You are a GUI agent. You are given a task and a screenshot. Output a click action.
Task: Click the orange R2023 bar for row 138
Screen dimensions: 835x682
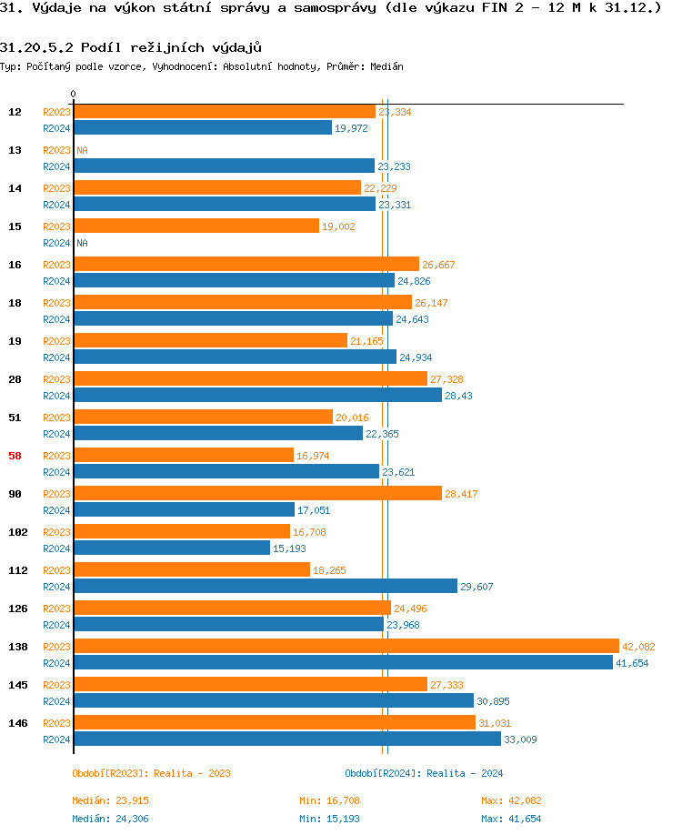click(x=346, y=646)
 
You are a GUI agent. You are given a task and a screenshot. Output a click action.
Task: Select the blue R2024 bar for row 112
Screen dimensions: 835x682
click(x=265, y=586)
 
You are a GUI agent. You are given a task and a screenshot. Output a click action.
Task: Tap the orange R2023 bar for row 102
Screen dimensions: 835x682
click(x=181, y=531)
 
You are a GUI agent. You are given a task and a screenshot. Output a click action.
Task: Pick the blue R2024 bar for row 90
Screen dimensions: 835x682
click(x=184, y=509)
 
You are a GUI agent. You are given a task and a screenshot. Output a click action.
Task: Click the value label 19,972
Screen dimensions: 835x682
click(x=351, y=128)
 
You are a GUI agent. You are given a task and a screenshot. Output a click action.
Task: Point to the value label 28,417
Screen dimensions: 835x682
click(x=461, y=494)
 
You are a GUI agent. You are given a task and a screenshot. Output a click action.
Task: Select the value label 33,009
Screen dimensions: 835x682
click(x=520, y=739)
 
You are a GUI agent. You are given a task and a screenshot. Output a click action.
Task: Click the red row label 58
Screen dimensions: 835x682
click(x=15, y=456)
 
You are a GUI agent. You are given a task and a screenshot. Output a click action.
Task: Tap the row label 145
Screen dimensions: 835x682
click(x=17, y=685)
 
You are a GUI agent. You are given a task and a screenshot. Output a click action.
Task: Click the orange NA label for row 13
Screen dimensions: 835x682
click(x=82, y=150)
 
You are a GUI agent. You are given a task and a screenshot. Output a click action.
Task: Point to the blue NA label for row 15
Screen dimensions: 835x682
click(x=82, y=243)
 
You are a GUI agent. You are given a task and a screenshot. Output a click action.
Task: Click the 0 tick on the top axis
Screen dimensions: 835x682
click(x=73, y=94)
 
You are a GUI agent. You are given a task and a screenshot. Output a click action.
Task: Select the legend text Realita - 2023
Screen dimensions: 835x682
click(x=192, y=773)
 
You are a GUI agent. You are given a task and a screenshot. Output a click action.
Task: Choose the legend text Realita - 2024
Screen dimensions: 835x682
click(x=465, y=773)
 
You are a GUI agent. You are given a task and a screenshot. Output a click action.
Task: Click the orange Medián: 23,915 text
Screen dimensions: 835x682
click(x=110, y=800)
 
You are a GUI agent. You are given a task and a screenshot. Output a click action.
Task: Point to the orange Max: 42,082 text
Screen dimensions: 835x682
click(x=511, y=800)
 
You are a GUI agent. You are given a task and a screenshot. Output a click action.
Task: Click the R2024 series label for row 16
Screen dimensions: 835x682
click(x=56, y=281)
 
